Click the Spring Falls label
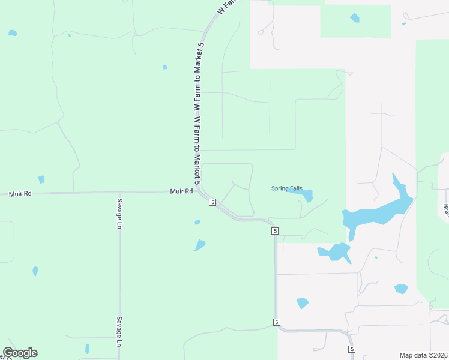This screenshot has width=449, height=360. [287, 188]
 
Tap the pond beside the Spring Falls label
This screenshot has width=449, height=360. [307, 196]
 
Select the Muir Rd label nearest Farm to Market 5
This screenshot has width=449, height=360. [181, 191]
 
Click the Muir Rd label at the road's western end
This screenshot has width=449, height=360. [20, 194]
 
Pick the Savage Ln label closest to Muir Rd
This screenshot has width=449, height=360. [119, 214]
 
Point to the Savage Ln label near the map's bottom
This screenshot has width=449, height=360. [119, 331]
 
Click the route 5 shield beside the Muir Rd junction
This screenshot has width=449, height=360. [212, 202]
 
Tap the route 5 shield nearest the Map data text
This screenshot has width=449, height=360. [352, 349]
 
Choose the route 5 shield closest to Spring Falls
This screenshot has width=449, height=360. [275, 231]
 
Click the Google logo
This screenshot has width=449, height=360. [20, 353]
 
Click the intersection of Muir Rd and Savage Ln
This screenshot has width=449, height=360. [119, 193]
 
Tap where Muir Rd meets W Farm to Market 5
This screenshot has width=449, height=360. [199, 191]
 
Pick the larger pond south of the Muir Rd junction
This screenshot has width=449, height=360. [199, 245]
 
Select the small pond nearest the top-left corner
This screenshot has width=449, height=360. [13, 32]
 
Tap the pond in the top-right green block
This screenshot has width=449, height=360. [355, 18]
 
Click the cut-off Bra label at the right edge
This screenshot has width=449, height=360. [446, 211]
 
